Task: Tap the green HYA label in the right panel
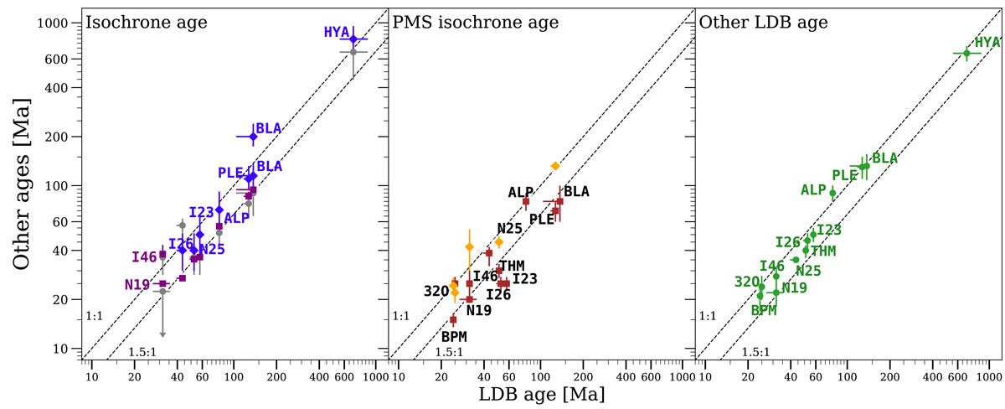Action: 987,42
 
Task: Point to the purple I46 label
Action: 144,256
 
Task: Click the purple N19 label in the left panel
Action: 137,285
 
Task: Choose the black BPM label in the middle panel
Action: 453,336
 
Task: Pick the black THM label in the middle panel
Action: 512,266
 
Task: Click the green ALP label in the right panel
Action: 813,190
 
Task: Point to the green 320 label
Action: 746,282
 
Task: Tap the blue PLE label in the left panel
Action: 230,173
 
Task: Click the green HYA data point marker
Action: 966,54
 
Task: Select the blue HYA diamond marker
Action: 353,39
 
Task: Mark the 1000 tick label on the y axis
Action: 60,23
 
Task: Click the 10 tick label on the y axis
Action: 67,348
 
